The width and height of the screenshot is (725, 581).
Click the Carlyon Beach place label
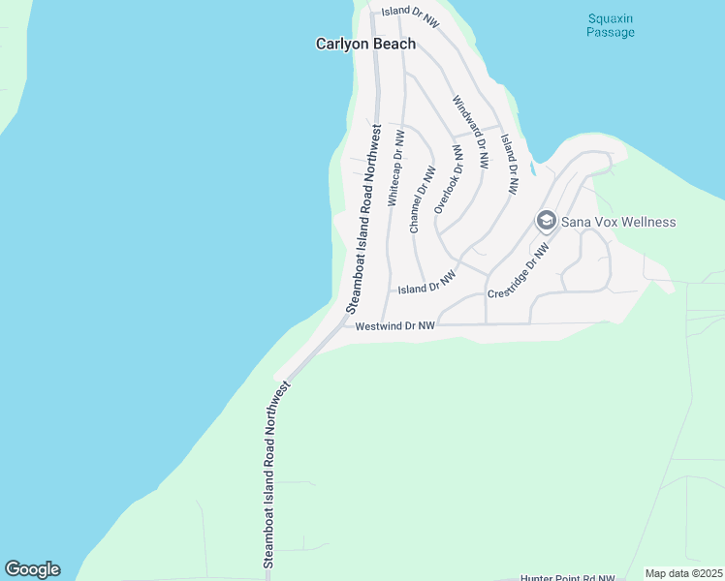(x=366, y=44)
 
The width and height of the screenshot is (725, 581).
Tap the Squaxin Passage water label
(x=611, y=25)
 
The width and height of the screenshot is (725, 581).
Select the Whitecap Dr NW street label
(x=395, y=169)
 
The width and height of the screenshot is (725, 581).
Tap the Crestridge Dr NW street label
(x=519, y=271)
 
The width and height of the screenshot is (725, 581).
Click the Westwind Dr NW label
(x=395, y=326)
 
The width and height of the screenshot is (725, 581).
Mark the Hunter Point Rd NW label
(x=567, y=577)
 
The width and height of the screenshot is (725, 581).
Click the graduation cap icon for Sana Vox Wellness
(x=546, y=222)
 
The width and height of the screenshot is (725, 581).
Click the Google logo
(x=32, y=569)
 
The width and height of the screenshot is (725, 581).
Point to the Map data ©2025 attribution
(x=683, y=573)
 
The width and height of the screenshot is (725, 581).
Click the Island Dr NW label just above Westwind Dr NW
(x=426, y=284)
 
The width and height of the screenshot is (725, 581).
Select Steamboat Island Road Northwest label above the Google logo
(x=276, y=474)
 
